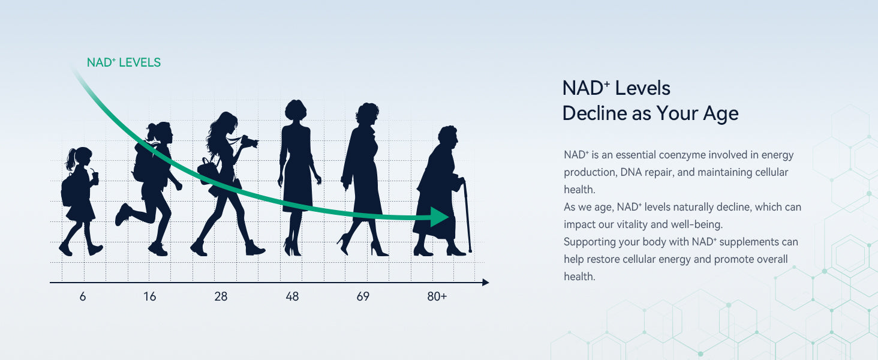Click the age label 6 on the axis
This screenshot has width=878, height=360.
coord(83,296)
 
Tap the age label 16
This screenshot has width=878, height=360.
coord(150,296)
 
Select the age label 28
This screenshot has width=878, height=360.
coord(221,296)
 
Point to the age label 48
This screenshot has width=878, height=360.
coord(292,296)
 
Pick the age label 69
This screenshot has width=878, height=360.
coord(363,296)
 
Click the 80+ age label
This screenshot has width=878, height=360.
coord(437,296)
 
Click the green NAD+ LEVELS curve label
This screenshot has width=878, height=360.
coord(124,62)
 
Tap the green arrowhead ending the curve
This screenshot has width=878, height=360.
coord(440,217)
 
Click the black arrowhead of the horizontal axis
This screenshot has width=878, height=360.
coord(486,283)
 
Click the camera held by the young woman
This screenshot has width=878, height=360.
coord(249,142)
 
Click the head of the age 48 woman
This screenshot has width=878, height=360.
coord(296,110)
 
